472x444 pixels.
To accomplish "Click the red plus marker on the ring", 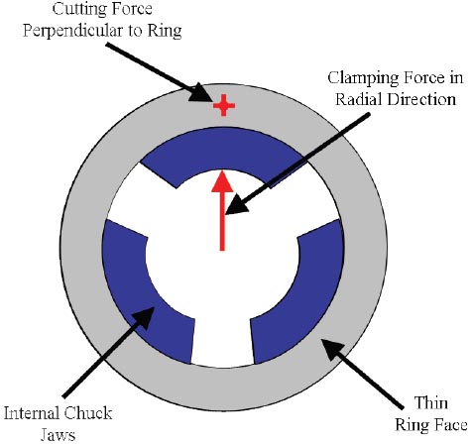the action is (224, 105).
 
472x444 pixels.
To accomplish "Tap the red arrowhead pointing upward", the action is (222, 181).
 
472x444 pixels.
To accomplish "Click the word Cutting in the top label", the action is (77, 9).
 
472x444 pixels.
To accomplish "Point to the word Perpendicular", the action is (73, 31).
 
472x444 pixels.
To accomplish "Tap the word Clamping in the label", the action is (360, 78).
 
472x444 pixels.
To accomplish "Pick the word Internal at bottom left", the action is (32, 413).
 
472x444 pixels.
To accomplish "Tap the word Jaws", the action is (58, 434).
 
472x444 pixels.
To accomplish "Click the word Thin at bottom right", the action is (431, 402).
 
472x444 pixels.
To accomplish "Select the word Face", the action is (450, 424).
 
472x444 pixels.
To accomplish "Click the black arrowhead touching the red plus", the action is (201, 93).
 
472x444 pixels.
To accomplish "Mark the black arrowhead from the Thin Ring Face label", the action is (333, 351).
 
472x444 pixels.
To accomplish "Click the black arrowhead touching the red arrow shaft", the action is (236, 205).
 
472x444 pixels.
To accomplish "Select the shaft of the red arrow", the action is (222, 221).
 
